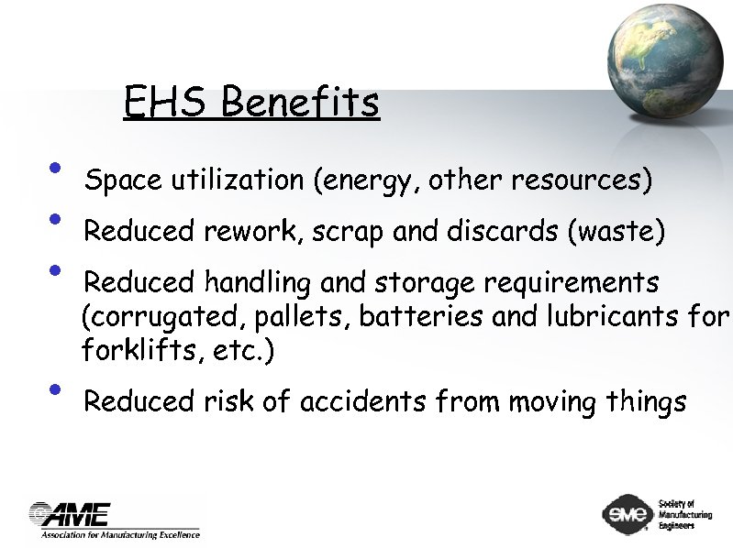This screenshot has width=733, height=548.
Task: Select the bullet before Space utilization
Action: (57, 169)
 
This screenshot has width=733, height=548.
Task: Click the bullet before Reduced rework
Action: (57, 220)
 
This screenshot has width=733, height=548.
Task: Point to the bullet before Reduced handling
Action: (57, 270)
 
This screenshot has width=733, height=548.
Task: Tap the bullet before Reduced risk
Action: (57, 390)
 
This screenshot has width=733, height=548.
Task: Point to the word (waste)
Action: (616, 232)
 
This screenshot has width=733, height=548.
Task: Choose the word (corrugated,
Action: (150, 318)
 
